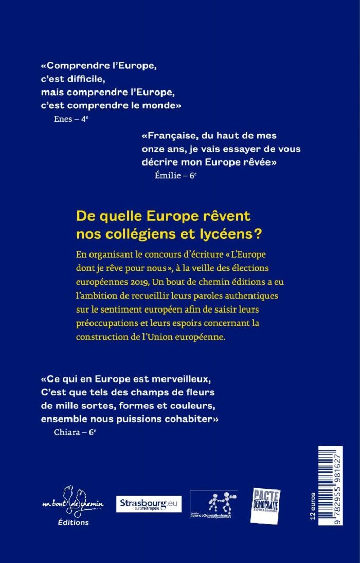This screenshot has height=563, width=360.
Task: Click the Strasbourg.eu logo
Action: click(149, 504)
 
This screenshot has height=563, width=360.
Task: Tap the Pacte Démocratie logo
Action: click(265, 506)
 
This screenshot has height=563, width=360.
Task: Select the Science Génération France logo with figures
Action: click(213, 504)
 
